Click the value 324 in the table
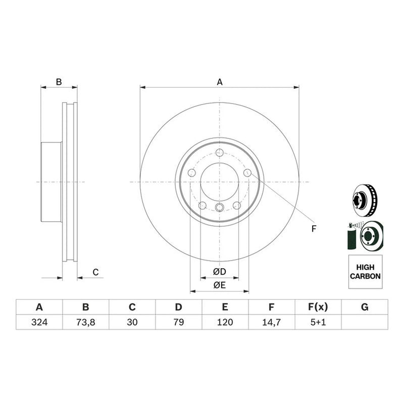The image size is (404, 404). [39, 322]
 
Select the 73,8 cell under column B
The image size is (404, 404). [86, 322]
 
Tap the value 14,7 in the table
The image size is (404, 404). [272, 322]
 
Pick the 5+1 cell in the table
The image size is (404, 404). [318, 322]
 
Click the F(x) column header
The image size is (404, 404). [318, 307]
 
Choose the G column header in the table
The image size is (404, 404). [365, 307]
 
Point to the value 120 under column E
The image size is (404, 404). [225, 322]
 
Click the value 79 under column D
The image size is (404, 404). [179, 322]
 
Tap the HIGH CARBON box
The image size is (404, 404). [365, 272]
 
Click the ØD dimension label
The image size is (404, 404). [220, 271]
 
